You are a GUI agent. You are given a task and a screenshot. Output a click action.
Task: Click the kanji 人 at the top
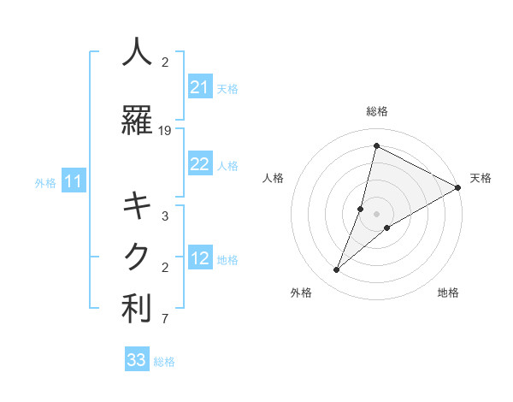[137, 52]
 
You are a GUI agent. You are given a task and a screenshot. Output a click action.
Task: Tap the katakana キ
[137, 206]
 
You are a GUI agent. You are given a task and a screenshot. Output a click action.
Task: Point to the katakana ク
[137, 257]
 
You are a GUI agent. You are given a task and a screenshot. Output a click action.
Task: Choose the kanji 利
[137, 310]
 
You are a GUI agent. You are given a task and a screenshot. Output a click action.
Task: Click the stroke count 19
[165, 131]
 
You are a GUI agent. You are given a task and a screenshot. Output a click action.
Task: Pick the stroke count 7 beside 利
[165, 321]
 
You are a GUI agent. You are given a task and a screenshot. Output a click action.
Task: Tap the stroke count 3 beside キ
[165, 217]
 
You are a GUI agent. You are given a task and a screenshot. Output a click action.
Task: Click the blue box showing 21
[200, 87]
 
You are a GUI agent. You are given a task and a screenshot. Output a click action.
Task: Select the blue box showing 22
[200, 164]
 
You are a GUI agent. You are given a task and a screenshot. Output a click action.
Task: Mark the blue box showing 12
[200, 259]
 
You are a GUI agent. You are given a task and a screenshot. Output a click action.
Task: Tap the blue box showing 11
[73, 181]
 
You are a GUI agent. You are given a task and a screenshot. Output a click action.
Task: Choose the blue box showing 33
[137, 360]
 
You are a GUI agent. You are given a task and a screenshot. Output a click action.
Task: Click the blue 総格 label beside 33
[164, 362]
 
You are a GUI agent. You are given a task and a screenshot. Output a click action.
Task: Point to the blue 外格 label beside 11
[45, 182]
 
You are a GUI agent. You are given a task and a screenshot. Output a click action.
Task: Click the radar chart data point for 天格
[458, 188]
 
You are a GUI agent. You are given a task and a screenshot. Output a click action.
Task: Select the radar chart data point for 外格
[336, 270]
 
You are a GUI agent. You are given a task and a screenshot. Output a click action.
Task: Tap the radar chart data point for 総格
[376, 145]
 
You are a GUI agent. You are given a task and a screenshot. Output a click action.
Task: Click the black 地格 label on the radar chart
[448, 293]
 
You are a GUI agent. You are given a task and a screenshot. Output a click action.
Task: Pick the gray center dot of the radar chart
[376, 214]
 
